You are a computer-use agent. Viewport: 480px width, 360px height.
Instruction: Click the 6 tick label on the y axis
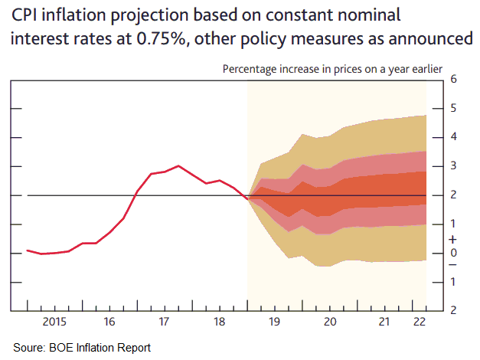(454, 80)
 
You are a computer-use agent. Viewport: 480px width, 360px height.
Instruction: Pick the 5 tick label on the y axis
(454, 108)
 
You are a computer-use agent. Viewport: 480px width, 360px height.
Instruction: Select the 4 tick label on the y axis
(454, 137)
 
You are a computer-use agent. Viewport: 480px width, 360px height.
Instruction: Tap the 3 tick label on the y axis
(454, 166)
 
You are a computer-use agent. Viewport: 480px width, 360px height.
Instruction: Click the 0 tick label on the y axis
(454, 253)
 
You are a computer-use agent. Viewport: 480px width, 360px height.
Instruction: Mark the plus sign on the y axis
(454, 239)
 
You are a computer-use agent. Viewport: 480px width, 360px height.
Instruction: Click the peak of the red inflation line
(178, 165)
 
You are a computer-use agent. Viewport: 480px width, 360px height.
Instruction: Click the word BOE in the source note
(62, 348)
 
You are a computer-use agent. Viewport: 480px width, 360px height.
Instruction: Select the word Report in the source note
(133, 348)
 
